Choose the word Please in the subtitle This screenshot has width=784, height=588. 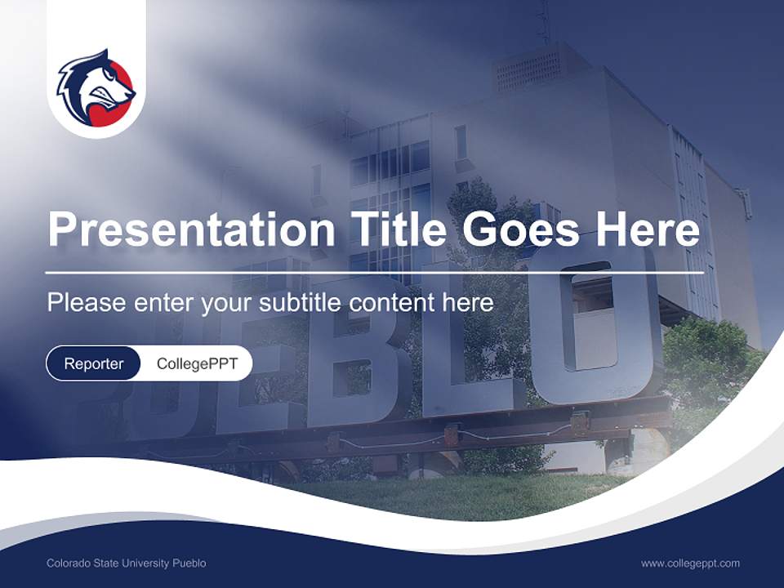point(84,303)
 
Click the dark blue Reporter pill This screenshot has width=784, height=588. point(94,363)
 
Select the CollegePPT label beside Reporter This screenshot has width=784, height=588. point(197,363)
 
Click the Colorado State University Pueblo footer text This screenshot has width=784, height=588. point(127,563)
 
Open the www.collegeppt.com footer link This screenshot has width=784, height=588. point(690,563)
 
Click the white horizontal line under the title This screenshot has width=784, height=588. point(375,272)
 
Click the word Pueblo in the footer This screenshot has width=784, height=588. point(189,563)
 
